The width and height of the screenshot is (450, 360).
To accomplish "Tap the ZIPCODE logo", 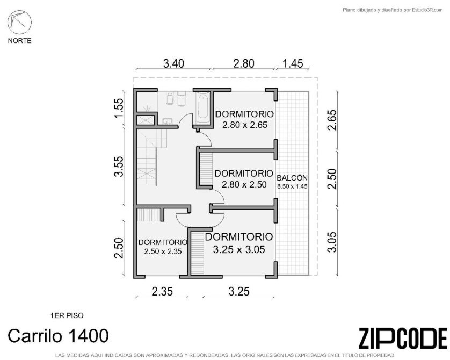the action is pos(403,339).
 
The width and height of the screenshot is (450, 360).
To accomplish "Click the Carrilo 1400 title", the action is pos(58,336).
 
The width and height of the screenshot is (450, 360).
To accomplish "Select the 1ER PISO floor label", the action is pos(67,315).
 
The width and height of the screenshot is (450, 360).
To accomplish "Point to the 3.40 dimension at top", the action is pos(173,63).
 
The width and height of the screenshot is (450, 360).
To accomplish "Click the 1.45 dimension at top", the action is pos(293,63).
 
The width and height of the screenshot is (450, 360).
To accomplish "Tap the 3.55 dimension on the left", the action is pos(119,167).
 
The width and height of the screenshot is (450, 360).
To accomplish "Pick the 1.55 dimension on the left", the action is pos(119,108).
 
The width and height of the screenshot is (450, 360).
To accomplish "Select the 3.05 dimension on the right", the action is pos(332,242).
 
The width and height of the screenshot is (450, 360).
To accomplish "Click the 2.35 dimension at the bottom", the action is pos(162,292).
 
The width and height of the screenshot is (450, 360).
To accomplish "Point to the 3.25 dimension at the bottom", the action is pos(239,292).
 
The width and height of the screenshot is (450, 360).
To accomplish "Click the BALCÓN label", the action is pos(292,178).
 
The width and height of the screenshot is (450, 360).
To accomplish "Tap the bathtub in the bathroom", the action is pos(203,107).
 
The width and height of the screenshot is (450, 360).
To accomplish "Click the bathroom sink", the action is pos(168,121).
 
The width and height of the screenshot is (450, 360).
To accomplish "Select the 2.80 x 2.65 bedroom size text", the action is pos(245,125).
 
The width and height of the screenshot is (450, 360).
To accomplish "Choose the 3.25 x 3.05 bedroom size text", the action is pos(239,249).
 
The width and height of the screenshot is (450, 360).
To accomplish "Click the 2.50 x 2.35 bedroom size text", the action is pos(163,251).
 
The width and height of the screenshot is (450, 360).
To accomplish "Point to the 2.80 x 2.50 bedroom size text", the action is pos(244,184).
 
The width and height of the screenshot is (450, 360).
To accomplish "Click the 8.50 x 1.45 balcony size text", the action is pos(292,186).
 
